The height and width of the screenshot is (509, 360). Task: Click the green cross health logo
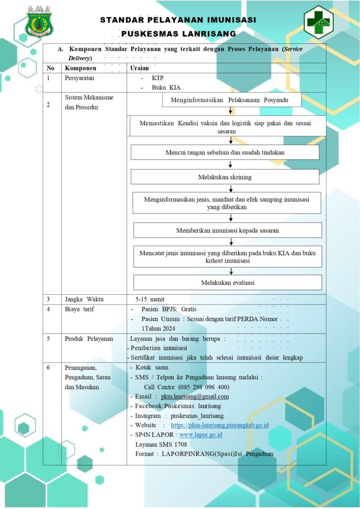pyautogui.click(x=318, y=22)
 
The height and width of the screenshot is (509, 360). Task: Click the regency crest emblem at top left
pyautogui.click(x=39, y=22)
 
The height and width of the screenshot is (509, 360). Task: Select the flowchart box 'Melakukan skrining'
pyautogui.click(x=225, y=177)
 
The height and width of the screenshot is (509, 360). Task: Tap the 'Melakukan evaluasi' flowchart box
pyautogui.click(x=228, y=282)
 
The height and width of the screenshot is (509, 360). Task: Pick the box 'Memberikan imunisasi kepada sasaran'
pyautogui.click(x=228, y=230)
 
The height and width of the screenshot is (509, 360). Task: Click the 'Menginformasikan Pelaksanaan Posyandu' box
pyautogui.click(x=232, y=100)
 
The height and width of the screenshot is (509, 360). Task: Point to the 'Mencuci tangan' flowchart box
pyautogui.click(x=225, y=152)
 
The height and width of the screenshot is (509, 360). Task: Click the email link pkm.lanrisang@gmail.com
pyautogui.click(x=195, y=396)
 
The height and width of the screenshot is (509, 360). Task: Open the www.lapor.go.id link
pyautogui.click(x=200, y=434)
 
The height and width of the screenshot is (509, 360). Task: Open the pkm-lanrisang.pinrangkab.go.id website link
pyautogui.click(x=220, y=425)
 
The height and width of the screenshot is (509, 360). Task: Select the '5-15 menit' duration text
pyautogui.click(x=150, y=299)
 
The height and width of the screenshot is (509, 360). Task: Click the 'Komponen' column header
pyautogui.click(x=81, y=68)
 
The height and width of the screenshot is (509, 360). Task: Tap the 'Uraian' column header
pyautogui.click(x=140, y=68)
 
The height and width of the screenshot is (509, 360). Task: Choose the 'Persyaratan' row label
pyautogui.click(x=80, y=78)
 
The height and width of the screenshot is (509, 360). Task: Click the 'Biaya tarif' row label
pyautogui.click(x=80, y=309)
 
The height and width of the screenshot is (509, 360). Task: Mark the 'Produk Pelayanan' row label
pyautogui.click(x=89, y=339)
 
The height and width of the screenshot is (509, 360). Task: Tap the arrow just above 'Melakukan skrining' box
pyautogui.click(x=230, y=164)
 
